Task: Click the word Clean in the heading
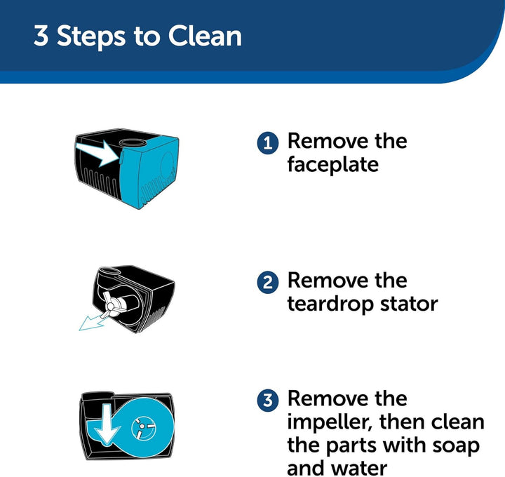tap(205, 36)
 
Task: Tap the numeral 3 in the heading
tap(41, 36)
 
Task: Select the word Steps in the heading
tap(90, 37)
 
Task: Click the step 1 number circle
tap(268, 143)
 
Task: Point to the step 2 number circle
tap(268, 283)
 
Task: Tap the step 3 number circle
tap(268, 401)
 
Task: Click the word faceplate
tap(332, 165)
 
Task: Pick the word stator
tap(409, 304)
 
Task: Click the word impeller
tap(330, 422)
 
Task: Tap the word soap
tap(456, 445)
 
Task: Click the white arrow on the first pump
tap(98, 153)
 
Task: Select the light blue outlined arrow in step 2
tap(93, 322)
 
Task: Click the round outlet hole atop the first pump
tap(133, 142)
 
